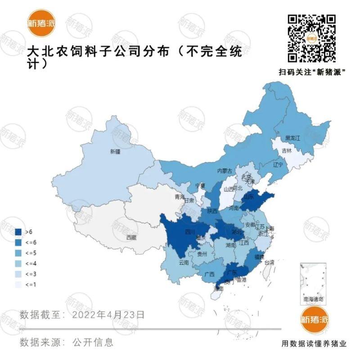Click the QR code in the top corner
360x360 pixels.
pyautogui.click(x=312, y=38)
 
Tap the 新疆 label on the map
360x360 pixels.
pyautogui.click(x=115, y=152)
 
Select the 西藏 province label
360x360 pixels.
pyautogui.click(x=131, y=237)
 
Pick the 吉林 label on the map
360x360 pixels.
pyautogui.click(x=287, y=151)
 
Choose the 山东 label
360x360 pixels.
pyautogui.click(x=248, y=197)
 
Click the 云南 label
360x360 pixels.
pyautogui.click(x=184, y=262)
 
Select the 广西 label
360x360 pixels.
pyautogui.click(x=209, y=274)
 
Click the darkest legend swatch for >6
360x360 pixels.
pyautogui.click(x=19, y=232)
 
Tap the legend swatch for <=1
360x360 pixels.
pyautogui.click(x=19, y=284)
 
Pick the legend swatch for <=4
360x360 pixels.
pyautogui.click(x=19, y=263)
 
